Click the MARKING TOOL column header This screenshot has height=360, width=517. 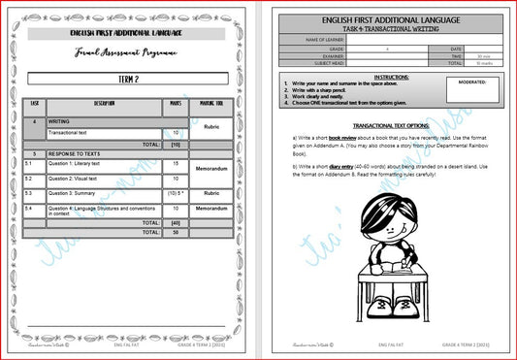click(x=212, y=103)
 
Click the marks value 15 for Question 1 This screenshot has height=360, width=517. click(x=176, y=164)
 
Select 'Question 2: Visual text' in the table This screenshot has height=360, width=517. click(x=74, y=179)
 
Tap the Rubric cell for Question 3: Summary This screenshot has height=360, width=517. click(x=212, y=193)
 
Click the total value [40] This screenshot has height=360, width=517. click(x=176, y=222)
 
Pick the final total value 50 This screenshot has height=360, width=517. click(x=176, y=232)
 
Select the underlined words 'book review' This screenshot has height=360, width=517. click(x=340, y=139)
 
